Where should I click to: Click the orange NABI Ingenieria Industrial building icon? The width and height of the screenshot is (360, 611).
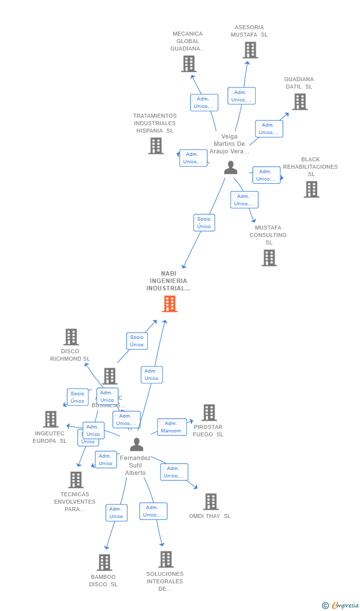click(170, 304)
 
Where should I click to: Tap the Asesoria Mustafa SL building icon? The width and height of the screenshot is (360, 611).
click(250, 50)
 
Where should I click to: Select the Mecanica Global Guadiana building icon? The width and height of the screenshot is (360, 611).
click(188, 64)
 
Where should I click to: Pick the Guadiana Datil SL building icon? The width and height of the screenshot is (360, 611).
click(300, 101)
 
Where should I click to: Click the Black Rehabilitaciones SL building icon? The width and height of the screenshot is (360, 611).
click(311, 189)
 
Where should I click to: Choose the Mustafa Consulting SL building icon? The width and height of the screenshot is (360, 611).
click(269, 258)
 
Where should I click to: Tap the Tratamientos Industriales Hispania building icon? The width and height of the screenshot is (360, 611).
click(156, 145)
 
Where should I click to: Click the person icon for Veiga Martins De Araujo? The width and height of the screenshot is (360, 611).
click(230, 168)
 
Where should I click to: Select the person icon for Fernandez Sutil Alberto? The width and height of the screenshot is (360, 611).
click(136, 444)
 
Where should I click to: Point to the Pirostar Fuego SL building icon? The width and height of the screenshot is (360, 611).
click(209, 413)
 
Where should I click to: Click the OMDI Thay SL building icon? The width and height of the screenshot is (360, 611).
click(211, 502)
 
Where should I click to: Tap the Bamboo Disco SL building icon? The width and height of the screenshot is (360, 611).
click(104, 563)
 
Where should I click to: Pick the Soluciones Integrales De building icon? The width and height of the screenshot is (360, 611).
click(166, 560)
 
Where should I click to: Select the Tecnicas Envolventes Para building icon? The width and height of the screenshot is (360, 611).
click(76, 480)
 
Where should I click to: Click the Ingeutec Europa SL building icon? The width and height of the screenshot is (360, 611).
click(50, 419)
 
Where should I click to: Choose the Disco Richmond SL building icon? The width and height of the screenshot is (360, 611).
click(71, 337)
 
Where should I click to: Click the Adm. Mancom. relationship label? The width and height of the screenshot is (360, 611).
click(172, 427)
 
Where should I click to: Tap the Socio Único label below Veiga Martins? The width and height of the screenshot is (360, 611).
click(204, 223)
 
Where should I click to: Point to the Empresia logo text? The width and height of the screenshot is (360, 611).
click(345, 605)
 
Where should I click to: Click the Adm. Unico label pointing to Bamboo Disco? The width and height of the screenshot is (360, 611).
click(116, 513)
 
